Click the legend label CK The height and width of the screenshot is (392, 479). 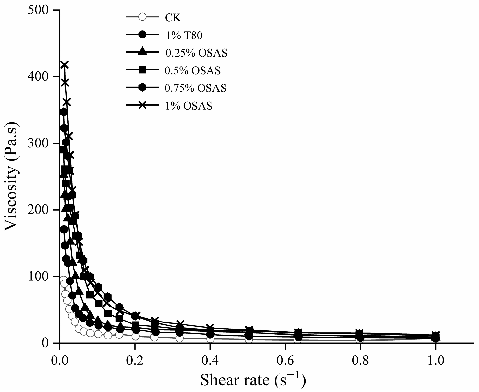pyautogui.click(x=173, y=18)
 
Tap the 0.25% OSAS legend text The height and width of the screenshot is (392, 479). pyautogui.click(x=196, y=53)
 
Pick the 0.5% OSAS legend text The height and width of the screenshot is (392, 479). pyautogui.click(x=192, y=71)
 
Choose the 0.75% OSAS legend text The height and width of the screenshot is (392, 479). pyautogui.click(x=195, y=88)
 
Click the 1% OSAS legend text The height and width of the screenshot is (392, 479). pyautogui.click(x=188, y=106)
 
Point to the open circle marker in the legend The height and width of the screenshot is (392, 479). pyautogui.click(x=143, y=18)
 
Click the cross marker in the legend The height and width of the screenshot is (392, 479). pyautogui.click(x=143, y=106)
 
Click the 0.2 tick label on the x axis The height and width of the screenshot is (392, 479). pyautogui.click(x=135, y=361)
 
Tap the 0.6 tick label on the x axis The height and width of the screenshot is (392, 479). pyautogui.click(x=285, y=361)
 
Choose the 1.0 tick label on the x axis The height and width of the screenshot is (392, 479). pyautogui.click(x=435, y=361)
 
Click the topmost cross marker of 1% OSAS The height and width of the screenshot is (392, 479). pyautogui.click(x=64, y=65)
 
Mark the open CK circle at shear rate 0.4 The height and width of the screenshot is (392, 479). pyautogui.click(x=210, y=339)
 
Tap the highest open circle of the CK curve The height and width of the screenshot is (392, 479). pyautogui.click(x=64, y=280)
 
